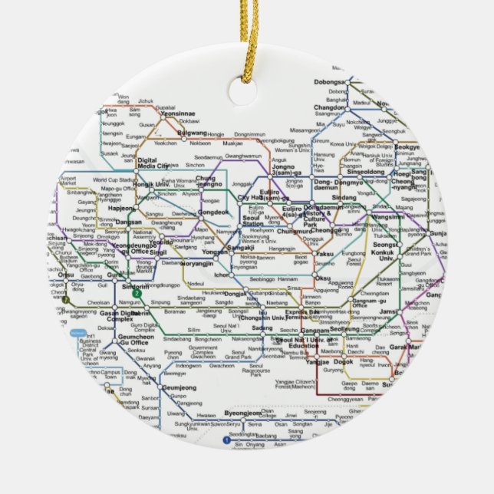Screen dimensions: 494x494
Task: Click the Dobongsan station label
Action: coord(331,81)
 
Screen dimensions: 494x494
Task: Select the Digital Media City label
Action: coord(152,163)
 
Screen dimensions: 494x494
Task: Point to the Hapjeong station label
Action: coord(121,208)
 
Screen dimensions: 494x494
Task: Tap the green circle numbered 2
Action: coord(137,292)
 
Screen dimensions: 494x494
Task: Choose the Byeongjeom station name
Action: coord(244,413)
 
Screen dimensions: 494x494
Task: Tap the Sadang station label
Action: coord(262,328)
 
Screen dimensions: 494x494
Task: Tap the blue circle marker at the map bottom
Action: coord(226,440)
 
